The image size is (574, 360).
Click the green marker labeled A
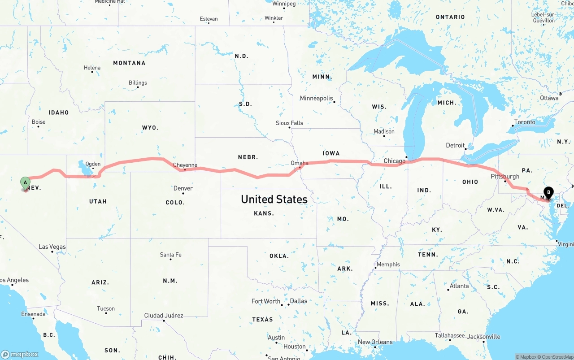(x=25, y=182)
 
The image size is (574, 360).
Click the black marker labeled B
(x=548, y=193)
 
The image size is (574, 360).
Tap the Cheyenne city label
(x=185, y=165)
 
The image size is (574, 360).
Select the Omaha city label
(x=300, y=163)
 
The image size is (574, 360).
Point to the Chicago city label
(x=394, y=161)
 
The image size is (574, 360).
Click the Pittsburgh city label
(x=505, y=176)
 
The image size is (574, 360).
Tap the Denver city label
(x=183, y=188)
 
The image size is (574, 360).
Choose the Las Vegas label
(x=52, y=247)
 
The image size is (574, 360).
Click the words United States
(x=274, y=199)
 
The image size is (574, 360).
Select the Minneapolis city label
(x=317, y=98)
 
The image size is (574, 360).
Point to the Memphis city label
(x=388, y=264)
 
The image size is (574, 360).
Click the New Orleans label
(x=375, y=342)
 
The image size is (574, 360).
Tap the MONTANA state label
(x=129, y=63)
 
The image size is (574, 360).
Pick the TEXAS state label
(x=262, y=319)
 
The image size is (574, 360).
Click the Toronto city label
(x=525, y=122)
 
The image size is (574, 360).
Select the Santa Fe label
(x=171, y=255)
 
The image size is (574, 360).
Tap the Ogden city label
(x=93, y=164)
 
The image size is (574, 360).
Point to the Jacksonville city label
(x=484, y=336)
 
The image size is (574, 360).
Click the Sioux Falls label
(x=289, y=123)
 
